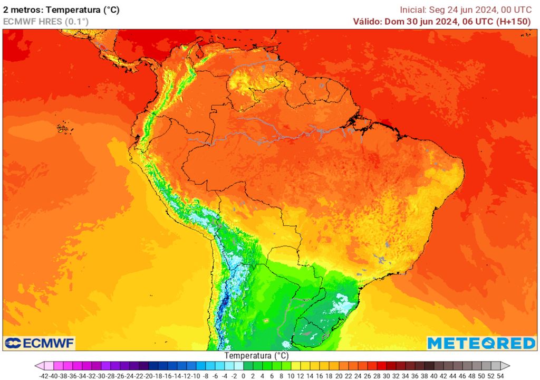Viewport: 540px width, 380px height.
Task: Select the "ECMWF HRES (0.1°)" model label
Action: click(46, 21)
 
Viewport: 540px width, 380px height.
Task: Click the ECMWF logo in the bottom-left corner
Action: click(40, 343)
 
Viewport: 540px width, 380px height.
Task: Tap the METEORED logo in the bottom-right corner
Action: click(481, 343)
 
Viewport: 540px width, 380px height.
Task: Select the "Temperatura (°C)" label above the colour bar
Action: click(256, 356)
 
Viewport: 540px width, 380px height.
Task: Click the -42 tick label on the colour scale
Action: click(44, 376)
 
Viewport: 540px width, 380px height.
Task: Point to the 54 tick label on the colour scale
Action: click(500, 376)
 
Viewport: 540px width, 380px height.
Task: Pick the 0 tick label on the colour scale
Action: click(243, 376)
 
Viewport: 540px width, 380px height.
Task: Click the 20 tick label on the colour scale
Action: click(339, 376)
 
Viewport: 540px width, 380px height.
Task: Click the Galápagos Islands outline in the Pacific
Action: click(63, 128)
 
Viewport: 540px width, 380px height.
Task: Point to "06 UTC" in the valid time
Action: click(478, 21)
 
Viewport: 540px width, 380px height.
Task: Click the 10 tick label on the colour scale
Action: click(291, 376)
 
